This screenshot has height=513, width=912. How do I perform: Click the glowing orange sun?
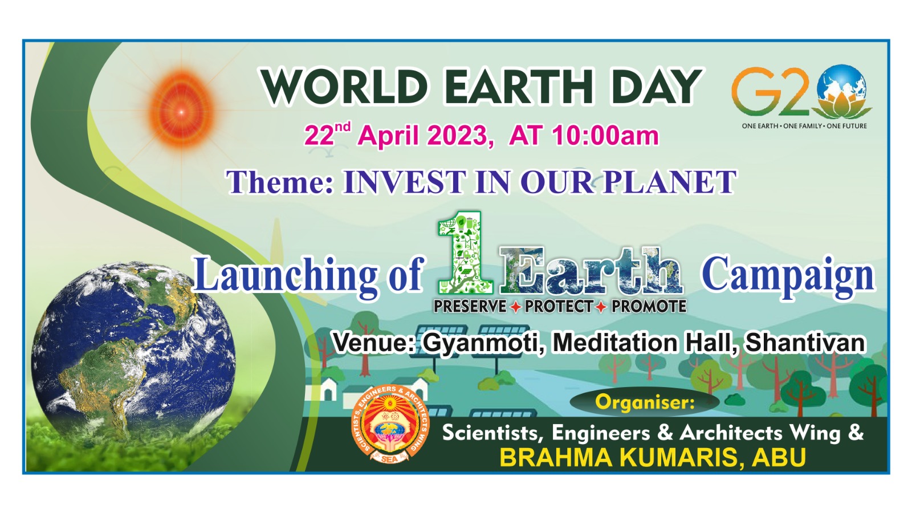[x=182, y=110]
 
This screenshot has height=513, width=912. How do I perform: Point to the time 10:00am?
[x=605, y=136]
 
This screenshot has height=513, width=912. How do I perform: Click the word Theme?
[x=280, y=182]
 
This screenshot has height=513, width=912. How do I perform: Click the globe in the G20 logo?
[x=843, y=87]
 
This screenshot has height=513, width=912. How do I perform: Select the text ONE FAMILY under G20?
[x=803, y=126]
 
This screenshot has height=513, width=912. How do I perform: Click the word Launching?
[x=286, y=275]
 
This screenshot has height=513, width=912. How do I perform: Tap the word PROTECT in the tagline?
[x=559, y=306]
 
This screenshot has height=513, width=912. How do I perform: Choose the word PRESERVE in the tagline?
[x=470, y=306]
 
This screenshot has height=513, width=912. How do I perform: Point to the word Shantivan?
[x=805, y=343]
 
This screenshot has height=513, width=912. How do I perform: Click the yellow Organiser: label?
[x=645, y=402]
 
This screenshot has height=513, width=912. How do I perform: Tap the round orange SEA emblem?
[x=390, y=424]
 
